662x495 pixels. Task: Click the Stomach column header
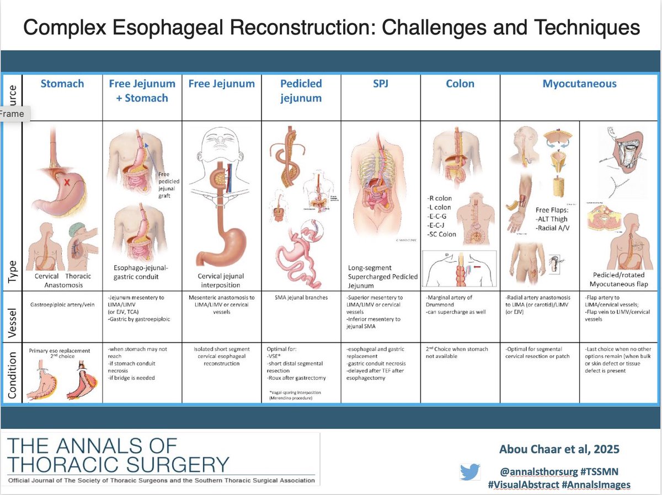pyautogui.click(x=62, y=84)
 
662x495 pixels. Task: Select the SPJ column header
pyautogui.click(x=380, y=84)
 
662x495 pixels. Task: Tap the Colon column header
pyautogui.click(x=460, y=84)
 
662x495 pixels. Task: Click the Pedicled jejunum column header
pyautogui.click(x=301, y=90)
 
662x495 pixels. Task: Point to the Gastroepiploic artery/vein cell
pyautogui.click(x=62, y=303)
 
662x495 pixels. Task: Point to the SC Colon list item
pyautogui.click(x=441, y=234)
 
